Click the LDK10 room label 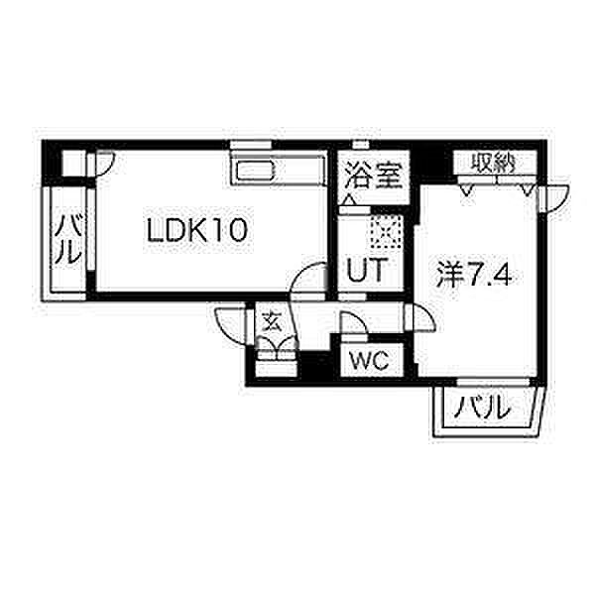(197, 230)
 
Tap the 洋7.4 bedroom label (474, 274)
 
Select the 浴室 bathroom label (374, 176)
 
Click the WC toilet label (370, 361)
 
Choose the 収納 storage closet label (493, 164)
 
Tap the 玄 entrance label (273, 321)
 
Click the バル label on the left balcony (67, 239)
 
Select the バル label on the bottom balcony (482, 408)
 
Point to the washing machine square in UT (386, 231)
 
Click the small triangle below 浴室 (349, 199)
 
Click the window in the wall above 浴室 (361, 145)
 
